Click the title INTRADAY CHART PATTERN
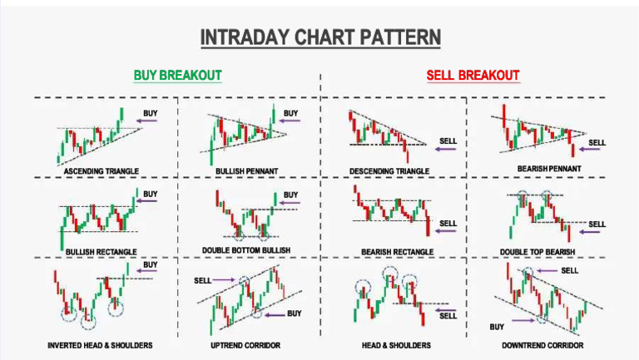320,38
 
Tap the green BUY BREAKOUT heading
177,76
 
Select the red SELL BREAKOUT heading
473,76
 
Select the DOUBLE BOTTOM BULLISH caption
247,250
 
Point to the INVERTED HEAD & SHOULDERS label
101,344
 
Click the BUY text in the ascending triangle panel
150,112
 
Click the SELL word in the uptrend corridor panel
202,281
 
